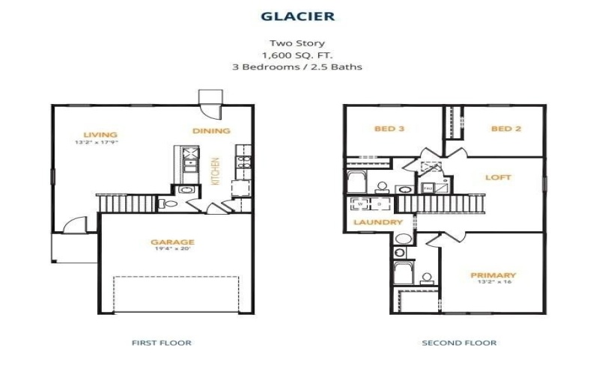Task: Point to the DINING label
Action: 211,130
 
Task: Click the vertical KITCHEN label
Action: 216,171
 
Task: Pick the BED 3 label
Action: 389,129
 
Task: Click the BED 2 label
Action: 505,129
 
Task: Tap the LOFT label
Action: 498,177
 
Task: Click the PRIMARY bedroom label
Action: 493,275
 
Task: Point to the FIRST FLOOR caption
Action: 161,343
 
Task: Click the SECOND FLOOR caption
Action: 460,343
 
